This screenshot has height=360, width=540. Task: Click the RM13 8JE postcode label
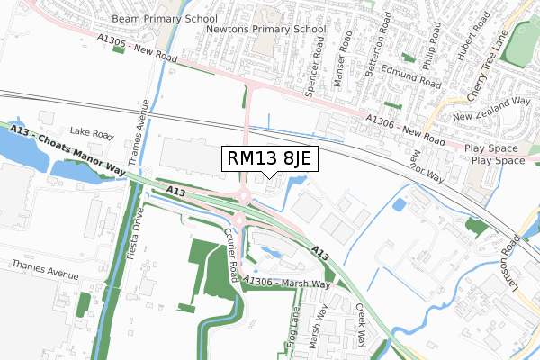(269, 159)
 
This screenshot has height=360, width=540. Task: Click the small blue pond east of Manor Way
(399, 204)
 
